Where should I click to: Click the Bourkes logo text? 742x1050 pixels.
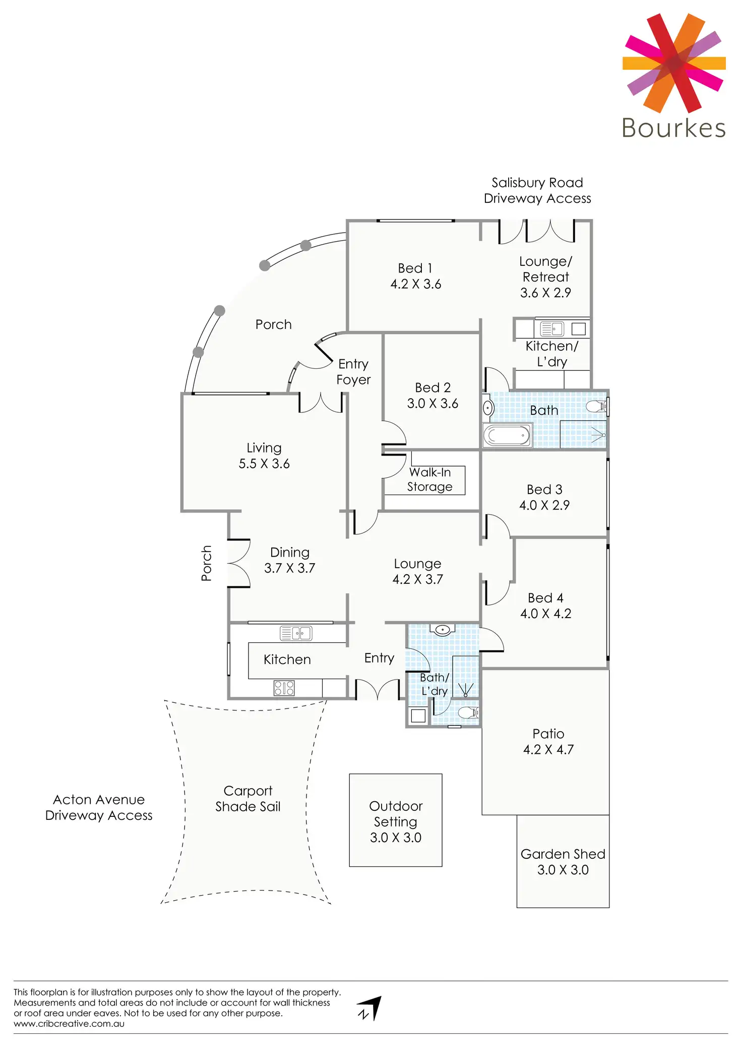[673, 128]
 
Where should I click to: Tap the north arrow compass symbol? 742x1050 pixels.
[370, 1008]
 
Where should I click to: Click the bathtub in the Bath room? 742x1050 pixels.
[507, 435]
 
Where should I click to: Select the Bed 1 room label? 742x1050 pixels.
[415, 268]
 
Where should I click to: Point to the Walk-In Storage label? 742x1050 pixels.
[429, 479]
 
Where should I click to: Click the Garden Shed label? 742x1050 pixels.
[563, 854]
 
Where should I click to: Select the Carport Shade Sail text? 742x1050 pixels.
[248, 799]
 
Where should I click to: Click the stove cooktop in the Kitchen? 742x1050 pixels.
[284, 688]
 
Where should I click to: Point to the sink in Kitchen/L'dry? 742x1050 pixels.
[552, 329]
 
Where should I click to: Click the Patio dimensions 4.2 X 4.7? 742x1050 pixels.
[548, 750]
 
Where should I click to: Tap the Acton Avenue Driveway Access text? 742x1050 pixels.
[99, 807]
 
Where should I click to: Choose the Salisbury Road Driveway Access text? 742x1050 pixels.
[537, 190]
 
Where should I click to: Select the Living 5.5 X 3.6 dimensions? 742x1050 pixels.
[264, 464]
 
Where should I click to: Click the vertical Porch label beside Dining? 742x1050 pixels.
[206, 563]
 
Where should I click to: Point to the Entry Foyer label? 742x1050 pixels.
[353, 372]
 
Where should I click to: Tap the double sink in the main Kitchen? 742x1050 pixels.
[296, 633]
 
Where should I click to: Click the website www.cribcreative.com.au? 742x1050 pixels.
[69, 1024]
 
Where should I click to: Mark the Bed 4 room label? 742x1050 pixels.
[545, 598]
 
